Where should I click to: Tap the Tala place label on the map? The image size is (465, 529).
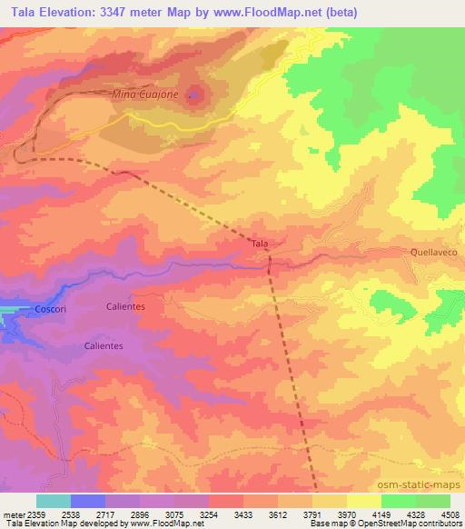[x=259, y=244]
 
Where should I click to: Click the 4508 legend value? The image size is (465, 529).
[x=450, y=514]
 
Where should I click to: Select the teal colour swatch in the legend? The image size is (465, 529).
[x=54, y=501]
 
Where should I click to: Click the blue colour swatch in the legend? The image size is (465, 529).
[x=88, y=501]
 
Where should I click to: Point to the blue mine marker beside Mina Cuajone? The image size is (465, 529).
[x=191, y=94]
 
